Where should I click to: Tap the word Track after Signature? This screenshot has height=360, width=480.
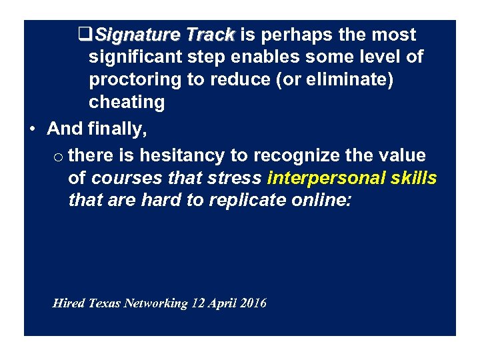coord(210,35)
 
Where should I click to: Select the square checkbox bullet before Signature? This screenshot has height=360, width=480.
coord(84,35)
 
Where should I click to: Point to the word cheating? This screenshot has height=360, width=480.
coord(127,102)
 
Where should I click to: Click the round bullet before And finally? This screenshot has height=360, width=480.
coord(33,129)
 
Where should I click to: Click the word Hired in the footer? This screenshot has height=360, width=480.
coord(69,303)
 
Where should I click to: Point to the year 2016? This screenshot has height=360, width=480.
coord(254,303)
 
